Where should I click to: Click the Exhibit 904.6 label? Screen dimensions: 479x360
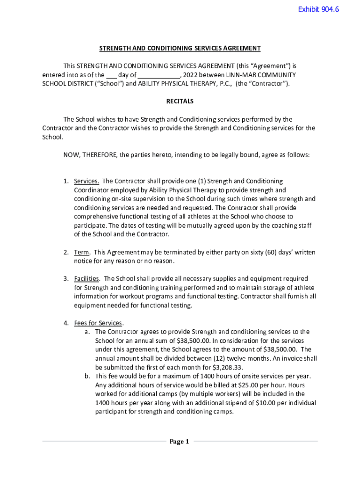tap(318, 9)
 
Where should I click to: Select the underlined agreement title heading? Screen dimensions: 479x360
tap(180, 49)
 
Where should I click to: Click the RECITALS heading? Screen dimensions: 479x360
tap(180, 102)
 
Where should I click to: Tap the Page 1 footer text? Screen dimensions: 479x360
tap(179, 442)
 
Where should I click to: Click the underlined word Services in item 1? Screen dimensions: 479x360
tap(86, 181)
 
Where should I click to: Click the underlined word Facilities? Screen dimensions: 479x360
tap(86, 279)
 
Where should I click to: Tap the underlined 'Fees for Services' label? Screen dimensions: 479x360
tap(98, 323)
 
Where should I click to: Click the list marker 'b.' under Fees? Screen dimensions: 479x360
tap(87, 376)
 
